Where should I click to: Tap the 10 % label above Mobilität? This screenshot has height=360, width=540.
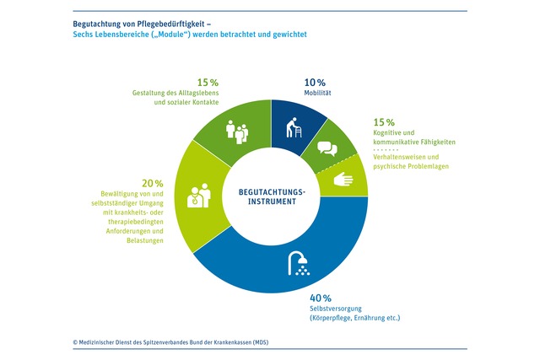(315, 83)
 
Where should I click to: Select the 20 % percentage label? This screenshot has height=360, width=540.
(153, 183)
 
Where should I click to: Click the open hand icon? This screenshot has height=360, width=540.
(346, 179)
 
